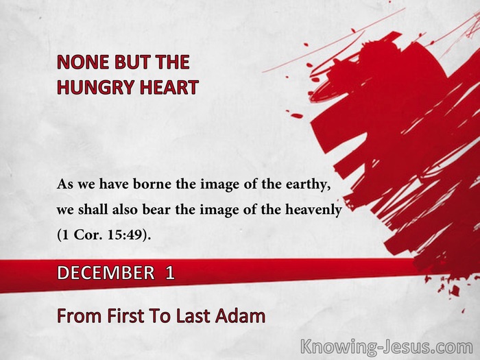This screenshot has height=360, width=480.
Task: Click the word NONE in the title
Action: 83,62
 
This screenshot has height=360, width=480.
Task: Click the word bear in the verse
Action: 157,210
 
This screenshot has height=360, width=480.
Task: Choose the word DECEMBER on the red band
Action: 106,272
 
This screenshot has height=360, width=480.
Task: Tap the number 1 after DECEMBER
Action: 170,272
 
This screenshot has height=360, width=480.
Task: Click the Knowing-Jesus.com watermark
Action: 387,348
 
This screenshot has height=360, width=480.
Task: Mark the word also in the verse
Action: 125,210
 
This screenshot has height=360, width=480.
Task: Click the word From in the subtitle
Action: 79,316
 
